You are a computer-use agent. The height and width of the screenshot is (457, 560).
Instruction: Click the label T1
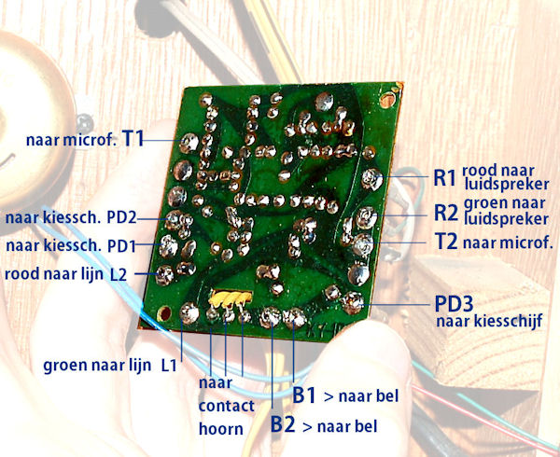(133, 139)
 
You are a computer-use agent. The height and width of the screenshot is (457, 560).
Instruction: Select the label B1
(304, 395)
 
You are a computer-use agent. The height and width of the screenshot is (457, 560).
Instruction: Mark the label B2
(284, 425)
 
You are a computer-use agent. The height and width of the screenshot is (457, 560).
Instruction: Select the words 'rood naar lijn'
(54, 274)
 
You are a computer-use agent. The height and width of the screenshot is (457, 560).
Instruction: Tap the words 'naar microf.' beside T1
(71, 140)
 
